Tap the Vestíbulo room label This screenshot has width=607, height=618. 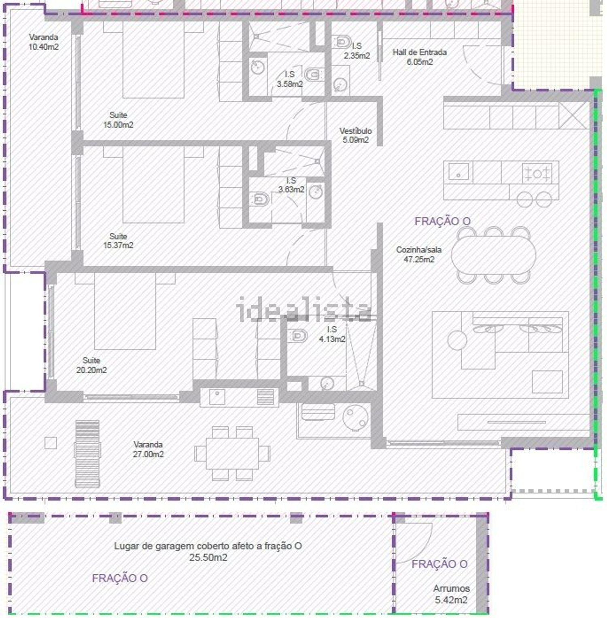tap(355, 135)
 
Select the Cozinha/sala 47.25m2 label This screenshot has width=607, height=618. tap(419, 255)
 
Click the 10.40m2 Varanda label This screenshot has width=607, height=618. tap(43, 42)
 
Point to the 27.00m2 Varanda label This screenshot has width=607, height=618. tap(148, 449)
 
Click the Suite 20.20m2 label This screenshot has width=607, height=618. tap(91, 365)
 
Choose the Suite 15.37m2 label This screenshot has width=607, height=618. tap(118, 241)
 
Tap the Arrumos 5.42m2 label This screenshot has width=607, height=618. tap(451, 594)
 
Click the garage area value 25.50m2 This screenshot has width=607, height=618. tap(208, 558)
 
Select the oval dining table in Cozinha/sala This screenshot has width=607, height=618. tap(494, 255)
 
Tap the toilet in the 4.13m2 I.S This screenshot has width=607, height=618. tap(298, 335)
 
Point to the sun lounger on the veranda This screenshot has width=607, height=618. tap(87, 453)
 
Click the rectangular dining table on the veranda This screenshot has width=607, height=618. tap(232, 453)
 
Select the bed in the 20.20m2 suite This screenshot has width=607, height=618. tap(125, 311)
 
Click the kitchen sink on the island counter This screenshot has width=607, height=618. tap(458, 171)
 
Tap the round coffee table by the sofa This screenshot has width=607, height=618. tap(457, 340)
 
